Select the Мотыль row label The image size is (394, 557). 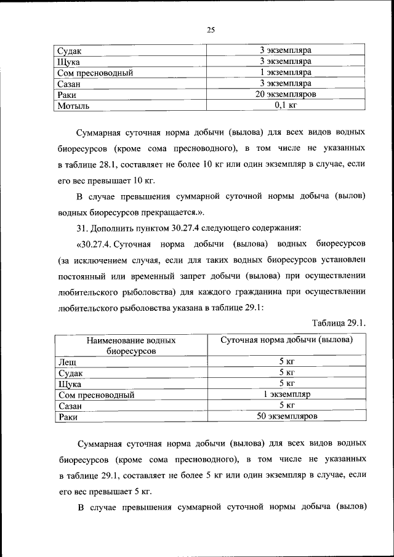tap(73, 106)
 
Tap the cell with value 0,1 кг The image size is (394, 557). tap(285, 106)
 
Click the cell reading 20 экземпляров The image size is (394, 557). tap(285, 95)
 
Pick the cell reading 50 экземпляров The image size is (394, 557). tap(286, 417)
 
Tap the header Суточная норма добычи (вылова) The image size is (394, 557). tap(286, 340)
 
